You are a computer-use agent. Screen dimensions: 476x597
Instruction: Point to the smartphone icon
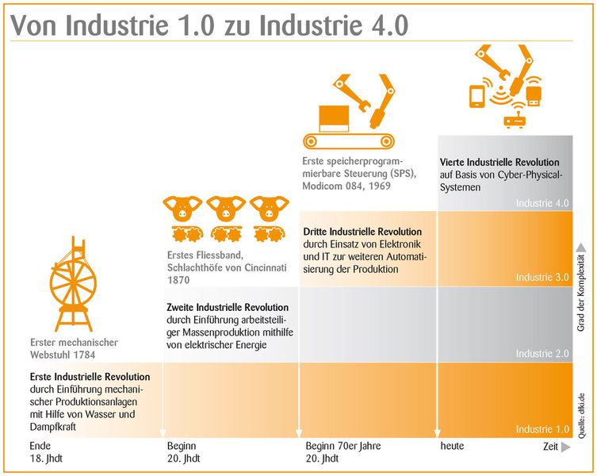coord(478,96)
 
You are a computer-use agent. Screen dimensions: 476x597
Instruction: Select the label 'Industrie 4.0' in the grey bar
coord(542,203)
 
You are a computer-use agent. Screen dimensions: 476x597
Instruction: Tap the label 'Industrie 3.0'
coord(542,278)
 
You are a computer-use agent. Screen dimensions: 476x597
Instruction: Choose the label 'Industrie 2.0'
coord(542,353)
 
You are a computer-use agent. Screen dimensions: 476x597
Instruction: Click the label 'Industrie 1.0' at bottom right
coord(542,429)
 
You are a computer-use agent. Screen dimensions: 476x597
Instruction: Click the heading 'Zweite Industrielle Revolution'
coord(228,307)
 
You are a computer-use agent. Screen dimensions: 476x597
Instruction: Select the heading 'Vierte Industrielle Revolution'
coord(499,162)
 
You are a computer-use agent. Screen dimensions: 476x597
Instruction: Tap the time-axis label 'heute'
coord(452,447)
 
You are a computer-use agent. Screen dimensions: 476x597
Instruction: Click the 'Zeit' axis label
coord(550,447)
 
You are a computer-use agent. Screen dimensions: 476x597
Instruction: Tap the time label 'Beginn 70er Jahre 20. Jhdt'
coord(343,452)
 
